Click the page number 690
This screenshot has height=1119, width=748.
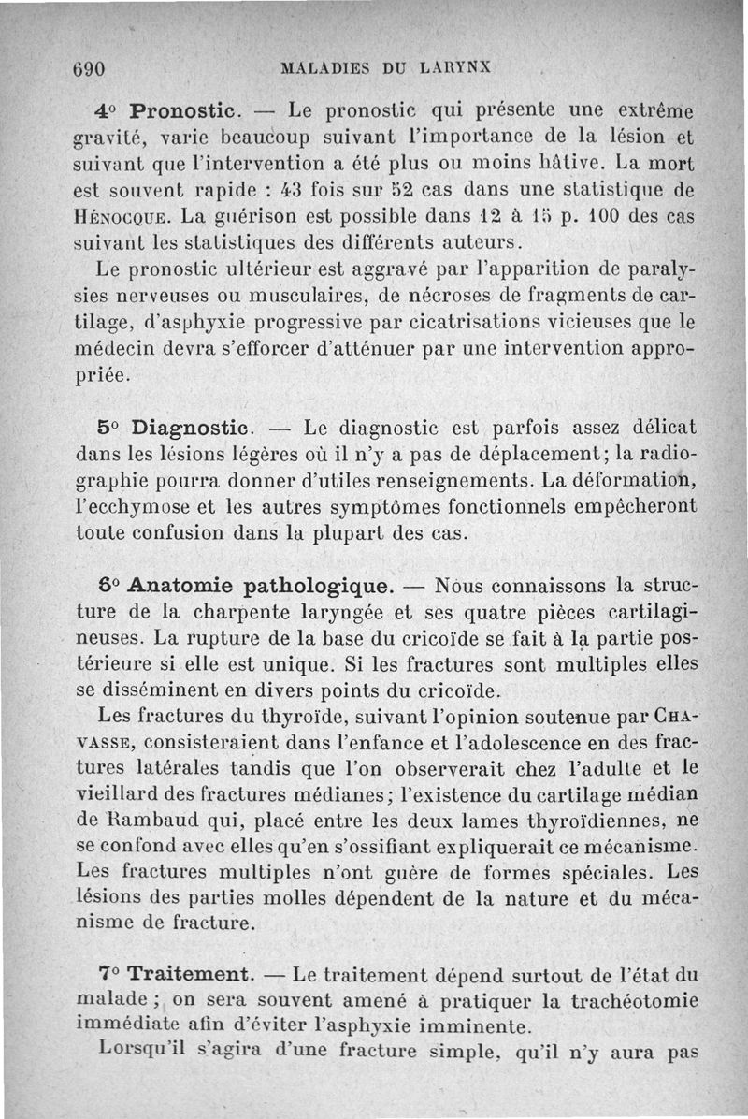click(x=87, y=69)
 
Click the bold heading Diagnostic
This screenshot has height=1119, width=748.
click(x=192, y=429)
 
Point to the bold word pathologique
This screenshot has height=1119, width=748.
click(x=318, y=588)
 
